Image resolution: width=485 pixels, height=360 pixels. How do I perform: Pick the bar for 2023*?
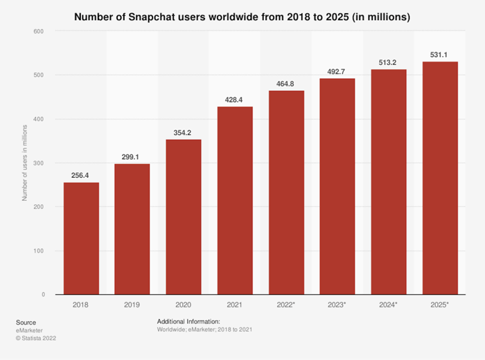(337, 186)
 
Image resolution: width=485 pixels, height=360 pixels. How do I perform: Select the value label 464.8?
(286, 84)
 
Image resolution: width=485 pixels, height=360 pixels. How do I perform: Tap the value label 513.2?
(389, 63)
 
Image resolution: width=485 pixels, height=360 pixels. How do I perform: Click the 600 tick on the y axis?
(38, 31)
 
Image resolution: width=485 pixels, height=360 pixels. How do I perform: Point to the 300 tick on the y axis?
(38, 163)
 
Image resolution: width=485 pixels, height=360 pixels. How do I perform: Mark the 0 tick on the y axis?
(42, 294)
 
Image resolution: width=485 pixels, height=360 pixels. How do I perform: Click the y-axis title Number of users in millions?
(24, 163)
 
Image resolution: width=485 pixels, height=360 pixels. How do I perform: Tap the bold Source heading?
(26, 322)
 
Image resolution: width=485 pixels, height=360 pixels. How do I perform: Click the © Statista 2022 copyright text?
(36, 339)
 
